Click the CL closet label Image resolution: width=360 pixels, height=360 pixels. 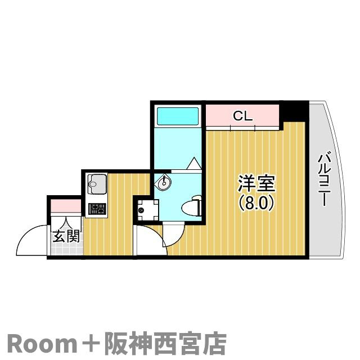[x=242, y=116]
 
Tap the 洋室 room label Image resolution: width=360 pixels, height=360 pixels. [x=256, y=184]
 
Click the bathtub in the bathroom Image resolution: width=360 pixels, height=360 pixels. [x=178, y=116]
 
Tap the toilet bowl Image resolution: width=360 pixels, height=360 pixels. [x=191, y=206]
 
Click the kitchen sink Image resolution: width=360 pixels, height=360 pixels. [x=96, y=184]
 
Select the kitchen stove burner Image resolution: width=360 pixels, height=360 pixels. [x=97, y=209]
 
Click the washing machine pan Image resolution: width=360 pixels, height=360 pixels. [x=147, y=210]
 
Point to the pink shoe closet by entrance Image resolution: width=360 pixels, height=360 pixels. [x=66, y=206]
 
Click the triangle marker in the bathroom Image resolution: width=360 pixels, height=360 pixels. [x=194, y=164]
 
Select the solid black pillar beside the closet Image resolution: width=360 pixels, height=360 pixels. [x=294, y=112]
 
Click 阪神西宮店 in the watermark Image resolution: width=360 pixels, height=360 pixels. [x=165, y=344]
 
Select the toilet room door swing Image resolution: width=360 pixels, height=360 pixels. [x=173, y=234]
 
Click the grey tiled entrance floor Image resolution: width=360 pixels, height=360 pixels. [x=67, y=249]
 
